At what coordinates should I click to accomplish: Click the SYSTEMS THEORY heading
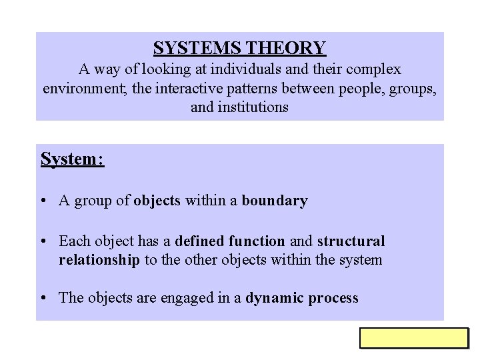click(x=239, y=48)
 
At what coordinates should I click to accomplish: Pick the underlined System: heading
click(x=72, y=159)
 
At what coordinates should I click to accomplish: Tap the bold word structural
click(x=351, y=241)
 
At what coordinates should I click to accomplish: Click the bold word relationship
click(x=99, y=259)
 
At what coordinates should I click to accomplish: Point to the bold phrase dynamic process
click(x=302, y=298)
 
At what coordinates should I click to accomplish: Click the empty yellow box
click(x=414, y=338)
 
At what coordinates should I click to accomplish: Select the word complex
click(x=371, y=69)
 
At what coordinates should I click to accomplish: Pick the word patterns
click(x=248, y=87)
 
